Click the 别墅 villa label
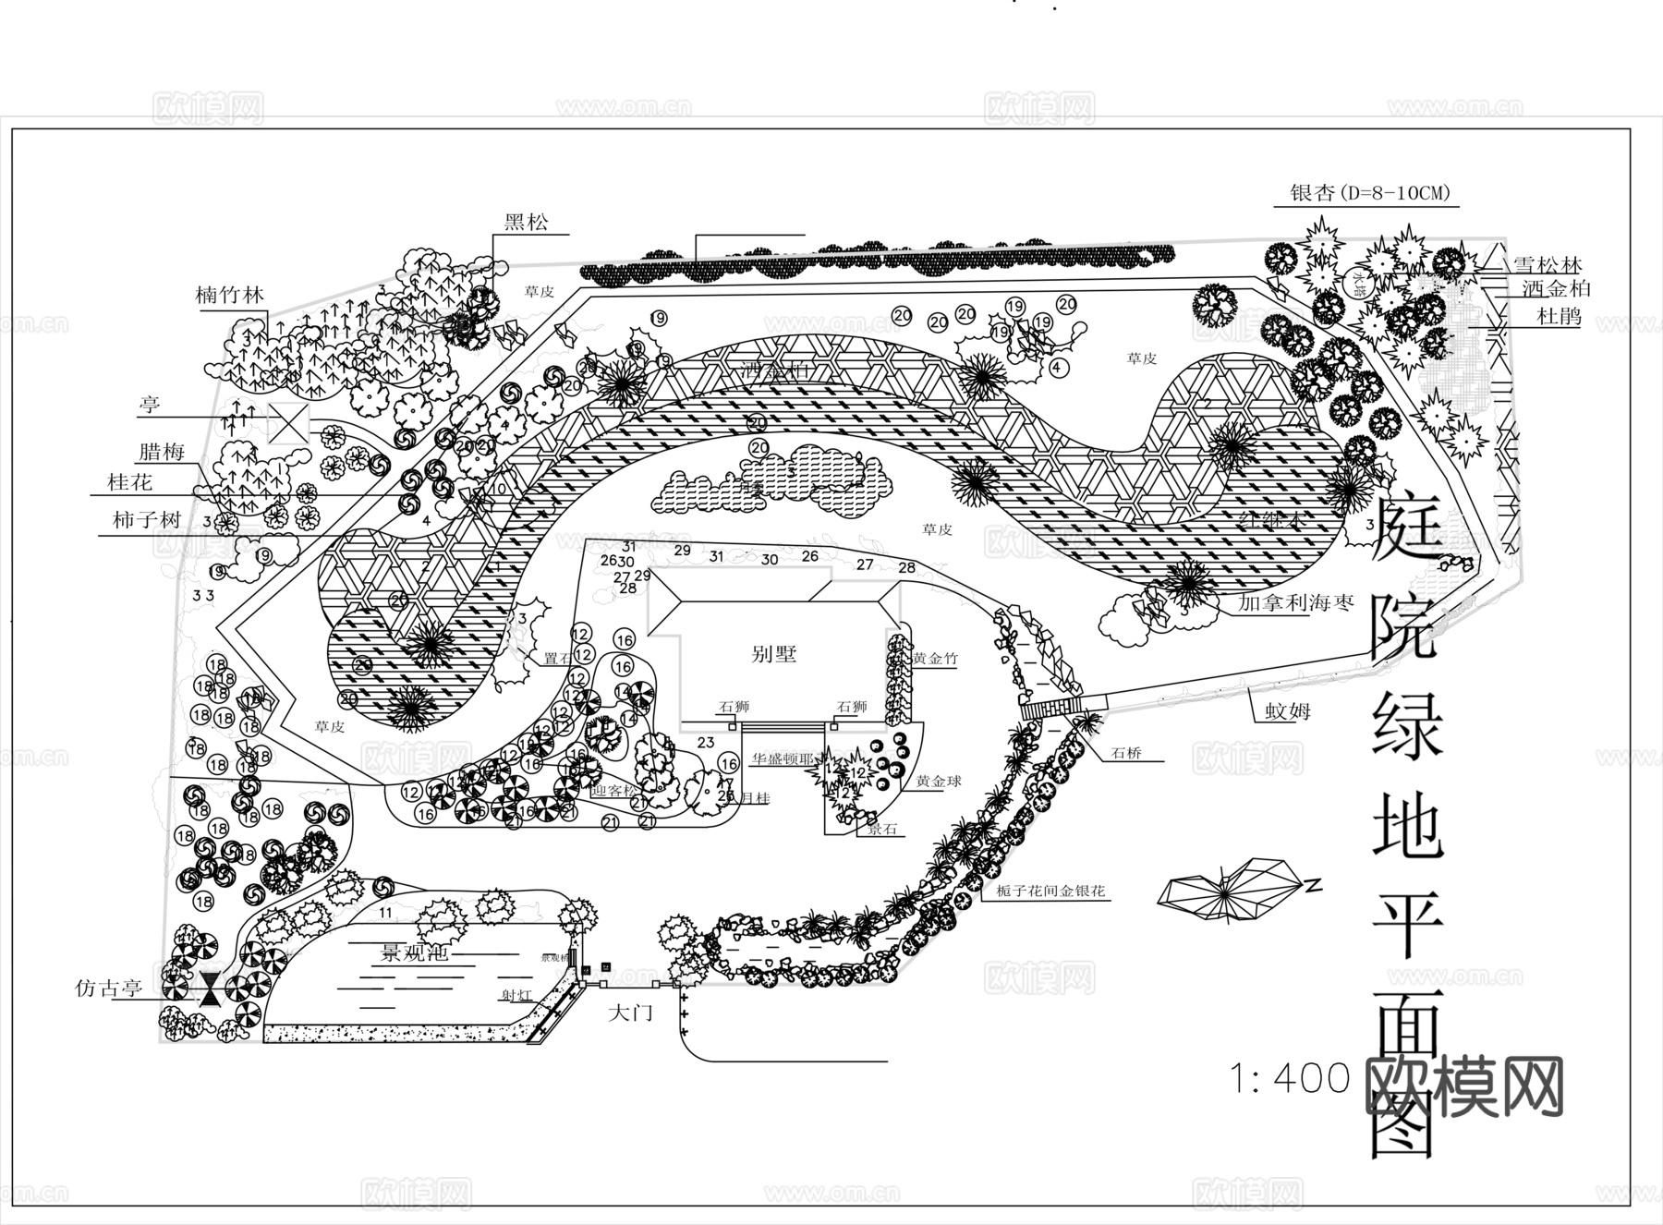tap(773, 655)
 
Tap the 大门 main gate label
tap(631, 1013)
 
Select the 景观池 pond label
tap(416, 952)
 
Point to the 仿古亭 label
tap(108, 988)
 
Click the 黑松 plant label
tap(526, 222)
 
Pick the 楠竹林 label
tap(230, 296)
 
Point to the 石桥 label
tap(1126, 753)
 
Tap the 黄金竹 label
tap(935, 659)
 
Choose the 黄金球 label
tap(939, 781)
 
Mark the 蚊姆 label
tap(1288, 712)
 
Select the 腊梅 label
tap(161, 452)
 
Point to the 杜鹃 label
tap(1559, 317)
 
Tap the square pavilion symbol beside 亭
tap(285, 423)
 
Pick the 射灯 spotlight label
tap(516, 995)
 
